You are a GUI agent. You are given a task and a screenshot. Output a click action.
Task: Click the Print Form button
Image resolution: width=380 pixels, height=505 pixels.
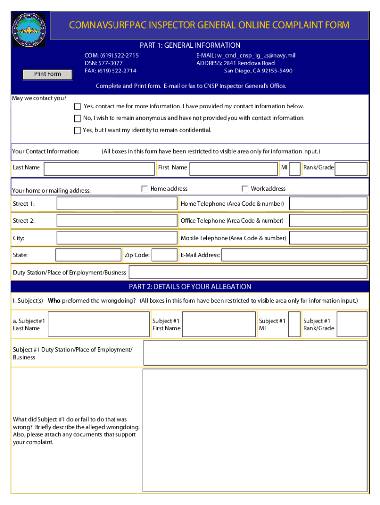(47, 74)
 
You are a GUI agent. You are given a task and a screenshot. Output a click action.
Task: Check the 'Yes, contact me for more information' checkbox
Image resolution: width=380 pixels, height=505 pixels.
(77, 107)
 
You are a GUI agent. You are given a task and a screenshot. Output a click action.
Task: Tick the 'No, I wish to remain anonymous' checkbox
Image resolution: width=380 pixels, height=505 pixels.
(77, 118)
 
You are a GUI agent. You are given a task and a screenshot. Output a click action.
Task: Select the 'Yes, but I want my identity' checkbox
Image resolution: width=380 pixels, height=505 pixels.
(77, 131)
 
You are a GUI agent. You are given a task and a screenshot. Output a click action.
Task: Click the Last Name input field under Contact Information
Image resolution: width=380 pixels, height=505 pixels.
(99, 169)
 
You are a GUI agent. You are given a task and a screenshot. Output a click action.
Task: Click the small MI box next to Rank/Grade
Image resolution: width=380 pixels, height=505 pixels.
(295, 169)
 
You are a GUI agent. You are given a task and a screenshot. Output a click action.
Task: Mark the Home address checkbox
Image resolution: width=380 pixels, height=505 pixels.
(145, 189)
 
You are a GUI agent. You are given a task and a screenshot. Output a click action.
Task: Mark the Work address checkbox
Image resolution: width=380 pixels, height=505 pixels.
(245, 189)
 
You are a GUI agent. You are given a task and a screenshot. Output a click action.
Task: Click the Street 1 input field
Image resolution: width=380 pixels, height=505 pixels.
(116, 204)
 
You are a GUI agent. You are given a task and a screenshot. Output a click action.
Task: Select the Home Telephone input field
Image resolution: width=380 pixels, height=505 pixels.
(328, 204)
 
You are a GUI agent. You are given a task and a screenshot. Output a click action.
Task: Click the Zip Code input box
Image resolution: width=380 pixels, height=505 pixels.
(165, 255)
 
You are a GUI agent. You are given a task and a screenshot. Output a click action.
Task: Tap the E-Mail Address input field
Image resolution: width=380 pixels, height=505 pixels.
(294, 255)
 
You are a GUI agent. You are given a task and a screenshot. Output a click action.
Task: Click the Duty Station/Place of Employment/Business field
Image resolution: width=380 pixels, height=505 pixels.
(248, 272)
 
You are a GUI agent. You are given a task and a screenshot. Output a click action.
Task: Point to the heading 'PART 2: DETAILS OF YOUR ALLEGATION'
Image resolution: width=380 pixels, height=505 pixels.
(190, 287)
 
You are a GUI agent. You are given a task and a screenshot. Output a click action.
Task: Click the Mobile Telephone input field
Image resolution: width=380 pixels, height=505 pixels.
(328, 238)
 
